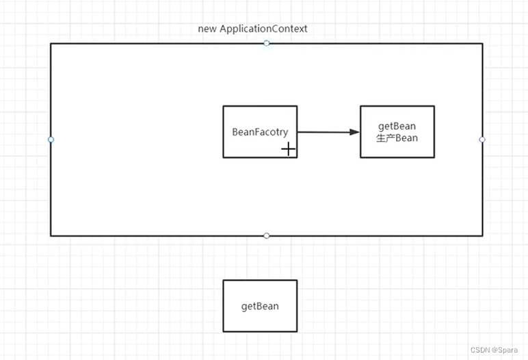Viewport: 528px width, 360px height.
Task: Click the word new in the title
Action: (x=207, y=29)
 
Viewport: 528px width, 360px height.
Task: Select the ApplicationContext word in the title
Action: (x=263, y=29)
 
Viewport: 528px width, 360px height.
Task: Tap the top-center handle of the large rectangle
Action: (x=267, y=43)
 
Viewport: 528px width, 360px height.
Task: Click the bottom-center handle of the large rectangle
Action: (x=267, y=235)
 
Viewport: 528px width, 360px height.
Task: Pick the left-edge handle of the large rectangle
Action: (x=51, y=140)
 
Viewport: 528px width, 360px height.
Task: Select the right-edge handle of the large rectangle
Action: (x=482, y=140)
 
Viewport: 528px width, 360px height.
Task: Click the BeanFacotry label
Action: (x=260, y=132)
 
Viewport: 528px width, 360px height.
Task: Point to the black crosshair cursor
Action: (x=289, y=149)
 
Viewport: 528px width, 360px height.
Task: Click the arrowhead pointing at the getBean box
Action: (x=354, y=132)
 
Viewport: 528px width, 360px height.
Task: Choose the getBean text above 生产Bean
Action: (x=397, y=127)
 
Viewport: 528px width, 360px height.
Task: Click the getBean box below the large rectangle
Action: (x=260, y=306)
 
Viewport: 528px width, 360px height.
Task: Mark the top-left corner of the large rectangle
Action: (x=51, y=44)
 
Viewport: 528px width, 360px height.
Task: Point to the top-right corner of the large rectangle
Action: (x=482, y=44)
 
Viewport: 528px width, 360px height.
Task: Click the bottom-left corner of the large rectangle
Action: (x=51, y=235)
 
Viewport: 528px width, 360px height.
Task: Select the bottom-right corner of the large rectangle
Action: (x=482, y=235)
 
